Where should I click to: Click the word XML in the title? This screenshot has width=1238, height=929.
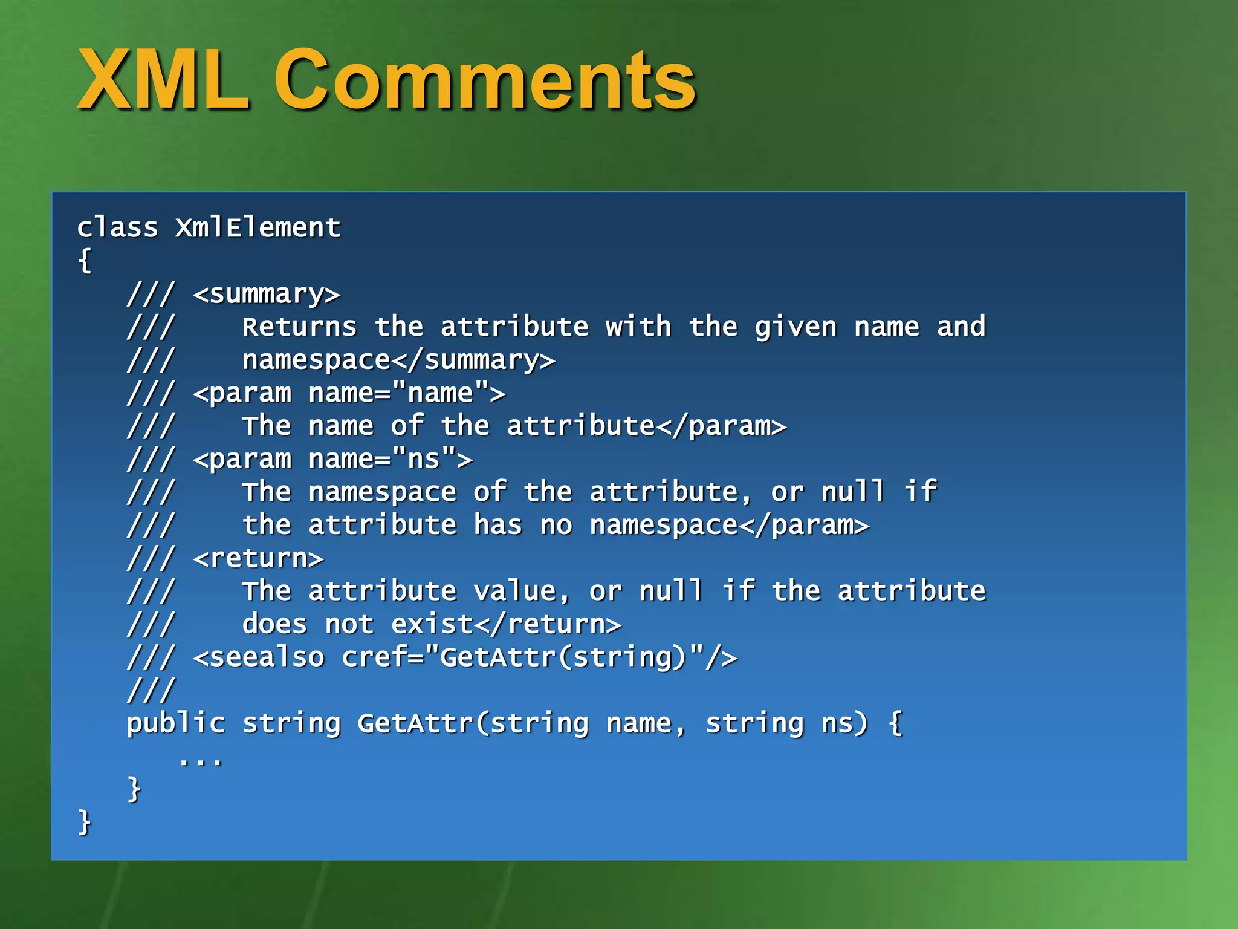[x=163, y=80]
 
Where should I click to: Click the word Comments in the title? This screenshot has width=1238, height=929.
[x=485, y=80]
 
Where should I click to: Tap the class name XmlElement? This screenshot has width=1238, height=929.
[x=258, y=228]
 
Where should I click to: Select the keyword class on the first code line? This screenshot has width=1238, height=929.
[x=117, y=228]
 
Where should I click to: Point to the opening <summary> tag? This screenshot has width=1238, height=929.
[x=267, y=295]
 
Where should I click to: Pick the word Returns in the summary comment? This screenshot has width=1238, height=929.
[x=300, y=327]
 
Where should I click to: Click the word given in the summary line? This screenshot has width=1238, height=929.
[x=796, y=327]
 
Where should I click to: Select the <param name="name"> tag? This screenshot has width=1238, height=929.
[x=349, y=394]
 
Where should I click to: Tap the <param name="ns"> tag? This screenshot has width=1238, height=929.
[x=332, y=460]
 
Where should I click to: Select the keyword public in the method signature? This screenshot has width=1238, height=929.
[x=176, y=724]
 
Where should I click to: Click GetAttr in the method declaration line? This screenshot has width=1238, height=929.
[x=415, y=724]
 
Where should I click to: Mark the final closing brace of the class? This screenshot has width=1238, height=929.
[x=85, y=823]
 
